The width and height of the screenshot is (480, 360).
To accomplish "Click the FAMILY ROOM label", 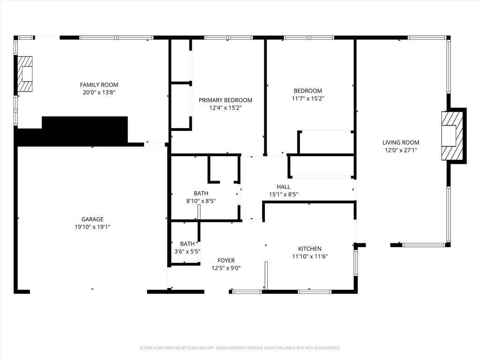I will [x=99, y=85].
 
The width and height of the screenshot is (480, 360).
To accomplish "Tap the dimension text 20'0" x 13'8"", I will [x=99, y=92].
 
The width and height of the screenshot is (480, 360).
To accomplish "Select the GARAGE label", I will [x=92, y=219].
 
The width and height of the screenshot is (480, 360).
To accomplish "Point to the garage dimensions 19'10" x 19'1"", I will [x=92, y=227].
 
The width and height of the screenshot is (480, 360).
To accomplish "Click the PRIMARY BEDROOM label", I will [x=225, y=100].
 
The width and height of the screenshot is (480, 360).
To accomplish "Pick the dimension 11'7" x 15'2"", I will [x=308, y=98].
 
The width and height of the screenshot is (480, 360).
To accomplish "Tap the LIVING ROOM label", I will [x=401, y=142].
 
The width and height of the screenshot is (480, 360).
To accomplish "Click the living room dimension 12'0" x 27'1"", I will [x=401, y=150].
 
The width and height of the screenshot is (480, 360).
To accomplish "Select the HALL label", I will [x=284, y=187].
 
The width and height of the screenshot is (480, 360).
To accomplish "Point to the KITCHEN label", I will [x=310, y=248].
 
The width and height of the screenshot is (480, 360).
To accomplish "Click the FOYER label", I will [x=226, y=260].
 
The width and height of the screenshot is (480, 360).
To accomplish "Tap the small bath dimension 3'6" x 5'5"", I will [x=187, y=251].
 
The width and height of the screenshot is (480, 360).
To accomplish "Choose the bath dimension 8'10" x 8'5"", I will [x=201, y=201].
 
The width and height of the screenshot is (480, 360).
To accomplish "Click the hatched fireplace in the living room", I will [x=452, y=135].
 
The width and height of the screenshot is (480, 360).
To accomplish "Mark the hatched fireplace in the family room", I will [x=25, y=74].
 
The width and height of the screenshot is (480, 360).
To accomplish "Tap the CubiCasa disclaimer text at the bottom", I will [x=240, y=348].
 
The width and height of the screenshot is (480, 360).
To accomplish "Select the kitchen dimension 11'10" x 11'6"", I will [x=310, y=256].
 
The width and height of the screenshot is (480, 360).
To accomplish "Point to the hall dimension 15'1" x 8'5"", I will [x=284, y=194].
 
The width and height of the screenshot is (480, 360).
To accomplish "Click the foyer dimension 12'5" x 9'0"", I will [x=226, y=268].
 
